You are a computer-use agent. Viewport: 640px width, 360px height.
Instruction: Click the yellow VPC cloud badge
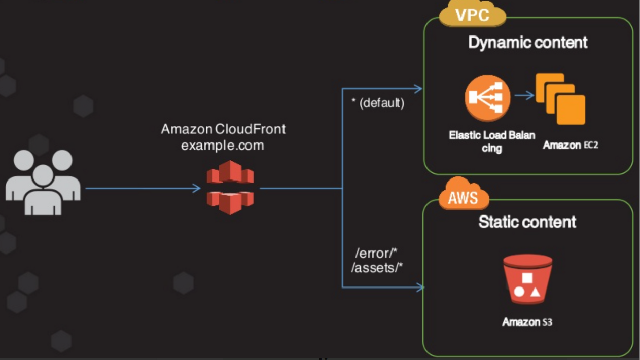tap(473, 14)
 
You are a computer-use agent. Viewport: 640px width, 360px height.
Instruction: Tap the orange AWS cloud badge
tap(464, 194)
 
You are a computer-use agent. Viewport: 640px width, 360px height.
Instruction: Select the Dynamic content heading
tap(528, 43)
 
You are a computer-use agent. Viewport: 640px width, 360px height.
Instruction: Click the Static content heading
tap(527, 222)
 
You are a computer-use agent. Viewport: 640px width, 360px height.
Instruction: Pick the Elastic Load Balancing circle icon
tap(487, 98)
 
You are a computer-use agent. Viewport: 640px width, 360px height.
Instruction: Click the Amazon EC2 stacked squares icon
tap(560, 99)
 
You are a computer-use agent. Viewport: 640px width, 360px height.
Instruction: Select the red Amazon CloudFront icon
tap(230, 188)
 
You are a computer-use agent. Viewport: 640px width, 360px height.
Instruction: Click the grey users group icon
tap(43, 183)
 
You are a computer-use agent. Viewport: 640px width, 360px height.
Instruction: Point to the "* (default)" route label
tap(377, 103)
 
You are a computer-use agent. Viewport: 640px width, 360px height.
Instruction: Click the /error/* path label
tap(376, 253)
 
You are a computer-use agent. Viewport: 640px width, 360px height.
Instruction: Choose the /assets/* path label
tap(377, 268)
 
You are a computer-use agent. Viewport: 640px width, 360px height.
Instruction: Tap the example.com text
tap(222, 146)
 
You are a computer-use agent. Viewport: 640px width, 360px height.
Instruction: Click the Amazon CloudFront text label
tap(223, 129)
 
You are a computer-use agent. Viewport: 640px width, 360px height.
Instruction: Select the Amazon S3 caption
tap(527, 322)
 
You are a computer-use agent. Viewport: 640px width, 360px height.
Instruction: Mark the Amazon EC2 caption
tap(571, 145)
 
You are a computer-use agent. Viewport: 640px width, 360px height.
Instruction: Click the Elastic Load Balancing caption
tap(492, 141)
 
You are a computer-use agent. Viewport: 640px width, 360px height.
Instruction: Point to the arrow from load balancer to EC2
tap(524, 95)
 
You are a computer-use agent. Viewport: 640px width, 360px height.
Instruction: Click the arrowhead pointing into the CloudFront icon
tap(197, 188)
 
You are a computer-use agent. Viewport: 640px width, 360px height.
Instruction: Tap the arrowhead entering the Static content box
tap(420, 287)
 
